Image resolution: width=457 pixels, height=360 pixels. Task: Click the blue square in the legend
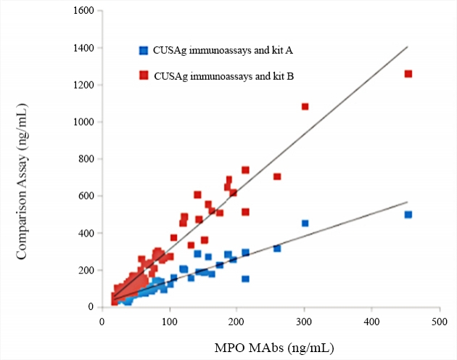coord(144,50)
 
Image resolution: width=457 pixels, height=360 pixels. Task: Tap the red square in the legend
coord(144,75)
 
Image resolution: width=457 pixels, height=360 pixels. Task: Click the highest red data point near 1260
coord(408,74)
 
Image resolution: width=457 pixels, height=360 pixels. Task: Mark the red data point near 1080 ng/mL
coord(305,107)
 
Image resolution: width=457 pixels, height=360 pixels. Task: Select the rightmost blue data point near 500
coord(408,215)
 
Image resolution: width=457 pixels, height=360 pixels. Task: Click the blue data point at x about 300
coord(305,224)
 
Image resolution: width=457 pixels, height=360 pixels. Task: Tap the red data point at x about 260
coord(277,177)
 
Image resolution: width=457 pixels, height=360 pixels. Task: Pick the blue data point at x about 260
coord(277,249)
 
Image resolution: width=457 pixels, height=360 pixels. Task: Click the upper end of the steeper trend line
coord(408,46)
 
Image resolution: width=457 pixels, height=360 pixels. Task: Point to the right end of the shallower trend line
coord(408,202)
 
